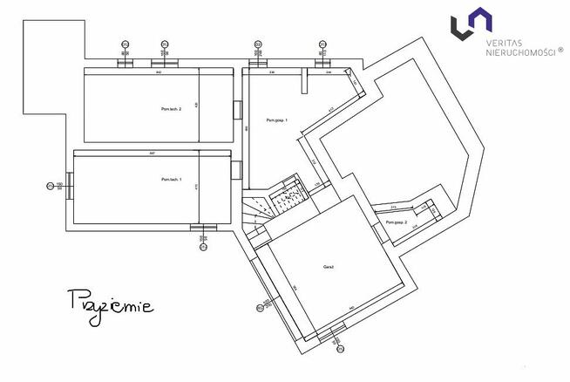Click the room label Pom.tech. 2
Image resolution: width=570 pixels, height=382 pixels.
171,108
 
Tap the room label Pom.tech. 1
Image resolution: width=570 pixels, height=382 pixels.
171,179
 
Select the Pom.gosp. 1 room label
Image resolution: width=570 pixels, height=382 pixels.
277,119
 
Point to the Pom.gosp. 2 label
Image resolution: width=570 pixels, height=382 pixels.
396,222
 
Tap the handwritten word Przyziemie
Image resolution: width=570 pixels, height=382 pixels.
110,304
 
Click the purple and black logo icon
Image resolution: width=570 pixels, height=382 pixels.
468,24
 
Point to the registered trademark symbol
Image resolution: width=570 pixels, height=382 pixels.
560,50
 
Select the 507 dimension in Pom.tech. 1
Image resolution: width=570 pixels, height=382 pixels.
152,153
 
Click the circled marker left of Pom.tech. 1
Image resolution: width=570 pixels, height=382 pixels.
49,185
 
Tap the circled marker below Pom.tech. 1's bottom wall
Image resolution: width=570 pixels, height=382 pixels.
202,246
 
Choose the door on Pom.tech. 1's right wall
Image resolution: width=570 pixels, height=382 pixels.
236,168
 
